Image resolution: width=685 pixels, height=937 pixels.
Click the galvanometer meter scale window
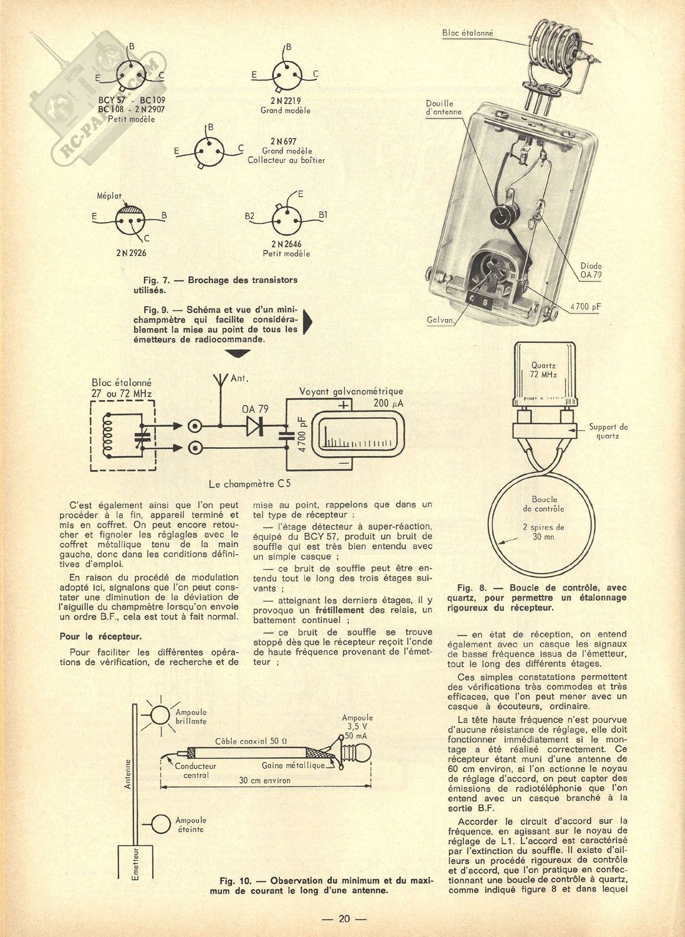tap(358, 435)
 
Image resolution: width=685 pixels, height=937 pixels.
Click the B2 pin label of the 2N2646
tap(249, 217)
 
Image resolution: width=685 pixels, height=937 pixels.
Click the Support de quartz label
tap(607, 431)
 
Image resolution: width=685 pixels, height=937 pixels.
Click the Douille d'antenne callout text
tap(443, 107)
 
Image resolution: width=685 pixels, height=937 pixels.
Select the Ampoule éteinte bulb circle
tap(161, 824)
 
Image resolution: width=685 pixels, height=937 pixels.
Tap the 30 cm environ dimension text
tap(265, 780)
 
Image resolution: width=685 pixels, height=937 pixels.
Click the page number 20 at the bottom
tap(344, 918)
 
